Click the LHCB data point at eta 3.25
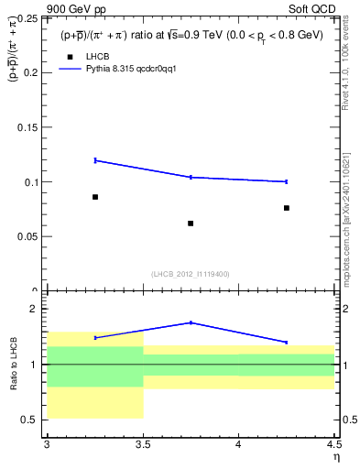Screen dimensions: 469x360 [94, 197]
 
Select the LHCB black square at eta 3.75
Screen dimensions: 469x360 [191, 223]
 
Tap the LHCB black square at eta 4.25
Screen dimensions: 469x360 [287, 208]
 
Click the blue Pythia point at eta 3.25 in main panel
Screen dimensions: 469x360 [94, 160]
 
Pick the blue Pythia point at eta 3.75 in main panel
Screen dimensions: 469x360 [191, 177]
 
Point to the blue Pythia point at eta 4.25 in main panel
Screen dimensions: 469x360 [287, 181]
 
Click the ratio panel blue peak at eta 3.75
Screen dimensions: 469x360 [191, 322]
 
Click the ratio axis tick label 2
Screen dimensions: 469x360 [34, 310]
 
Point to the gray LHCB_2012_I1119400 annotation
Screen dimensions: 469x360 [191, 274]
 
